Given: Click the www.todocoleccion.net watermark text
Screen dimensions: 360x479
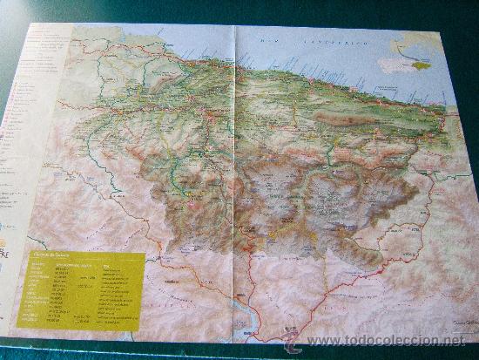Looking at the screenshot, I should [392, 340].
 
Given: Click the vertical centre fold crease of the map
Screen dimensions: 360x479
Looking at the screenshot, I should [236, 174].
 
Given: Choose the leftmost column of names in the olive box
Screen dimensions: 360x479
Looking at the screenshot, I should [35, 292].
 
